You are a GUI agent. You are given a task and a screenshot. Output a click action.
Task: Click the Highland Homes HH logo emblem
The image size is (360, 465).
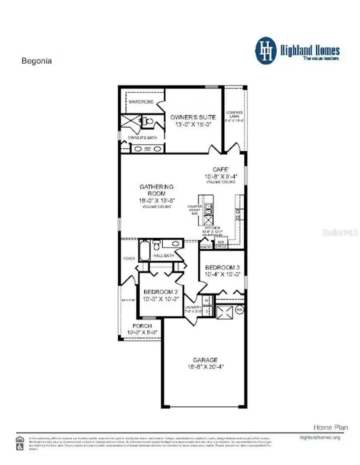click(266, 50)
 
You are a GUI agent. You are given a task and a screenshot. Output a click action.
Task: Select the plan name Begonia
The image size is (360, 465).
click(36, 62)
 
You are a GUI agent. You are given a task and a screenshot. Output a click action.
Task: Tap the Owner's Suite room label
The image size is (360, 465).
click(193, 117)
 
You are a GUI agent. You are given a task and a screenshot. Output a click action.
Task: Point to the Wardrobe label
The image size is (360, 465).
click(141, 102)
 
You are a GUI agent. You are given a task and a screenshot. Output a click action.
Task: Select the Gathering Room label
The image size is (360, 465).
click(156, 190)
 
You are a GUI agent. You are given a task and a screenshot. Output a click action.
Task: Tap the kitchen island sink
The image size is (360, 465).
click(208, 209)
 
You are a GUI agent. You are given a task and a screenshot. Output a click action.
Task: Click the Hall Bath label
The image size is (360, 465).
click(162, 255)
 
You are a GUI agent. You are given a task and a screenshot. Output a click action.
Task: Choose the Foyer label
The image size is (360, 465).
click(129, 258)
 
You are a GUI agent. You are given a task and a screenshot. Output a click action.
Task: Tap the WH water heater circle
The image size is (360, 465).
click(240, 309)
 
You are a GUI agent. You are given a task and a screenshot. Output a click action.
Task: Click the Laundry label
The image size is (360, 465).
click(192, 307)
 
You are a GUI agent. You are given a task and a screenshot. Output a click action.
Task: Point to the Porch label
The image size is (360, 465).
click(142, 326)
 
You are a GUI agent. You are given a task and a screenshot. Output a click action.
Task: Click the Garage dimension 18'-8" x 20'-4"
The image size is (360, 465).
click(206, 366)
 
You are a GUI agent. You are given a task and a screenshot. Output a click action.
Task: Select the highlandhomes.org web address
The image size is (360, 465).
click(320, 437)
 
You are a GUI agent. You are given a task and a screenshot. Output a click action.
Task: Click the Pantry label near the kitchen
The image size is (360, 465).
click(206, 247)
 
